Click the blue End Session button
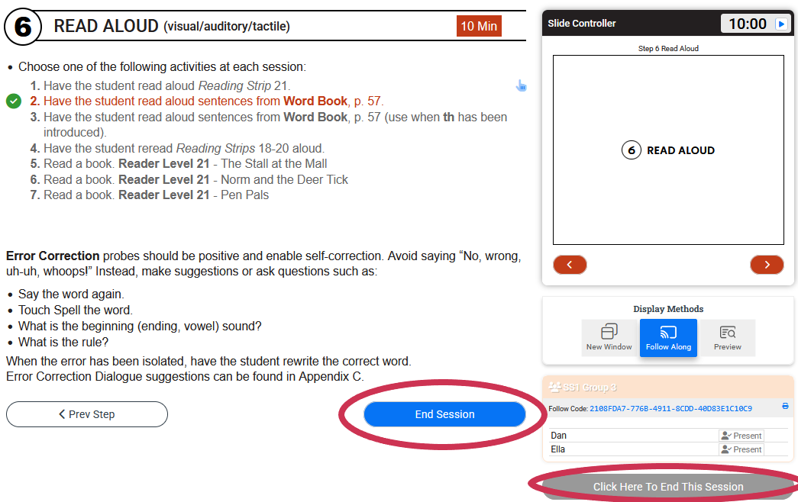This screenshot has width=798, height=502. coord(444,414)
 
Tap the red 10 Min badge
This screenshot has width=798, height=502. coord(479,26)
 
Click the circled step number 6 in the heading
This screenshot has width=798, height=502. coord(23,27)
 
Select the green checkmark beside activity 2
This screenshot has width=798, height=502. coord(13,101)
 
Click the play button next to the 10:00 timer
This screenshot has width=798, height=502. coord(780,24)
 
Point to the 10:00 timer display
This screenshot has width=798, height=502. coord(747,24)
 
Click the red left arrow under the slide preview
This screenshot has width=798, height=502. coord(570,265)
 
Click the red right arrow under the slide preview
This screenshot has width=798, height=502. coord(767,265)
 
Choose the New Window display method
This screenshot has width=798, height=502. coord(609,337)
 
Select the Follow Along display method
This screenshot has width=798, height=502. coord(668,337)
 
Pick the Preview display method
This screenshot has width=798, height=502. coord(727,337)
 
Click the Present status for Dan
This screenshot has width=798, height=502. coord(741,436)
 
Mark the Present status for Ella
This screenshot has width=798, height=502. coord(741,449)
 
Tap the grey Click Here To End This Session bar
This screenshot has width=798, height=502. coord(667,487)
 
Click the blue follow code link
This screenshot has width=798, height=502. coord(670,409)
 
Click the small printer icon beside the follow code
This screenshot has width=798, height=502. coord(785,407)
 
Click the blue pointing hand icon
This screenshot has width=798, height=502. coord(522,85)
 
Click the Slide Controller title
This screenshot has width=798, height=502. coord(582,24)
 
